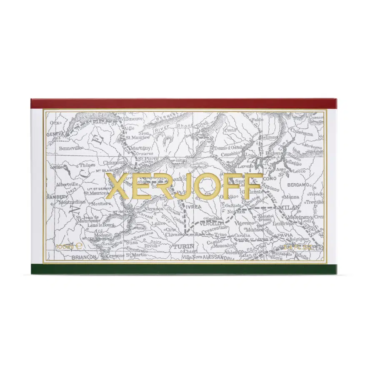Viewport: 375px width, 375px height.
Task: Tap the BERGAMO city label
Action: tap(296, 184)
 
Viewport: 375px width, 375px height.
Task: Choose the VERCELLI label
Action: tap(210, 224)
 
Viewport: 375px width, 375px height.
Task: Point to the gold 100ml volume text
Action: tap(65, 247)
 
